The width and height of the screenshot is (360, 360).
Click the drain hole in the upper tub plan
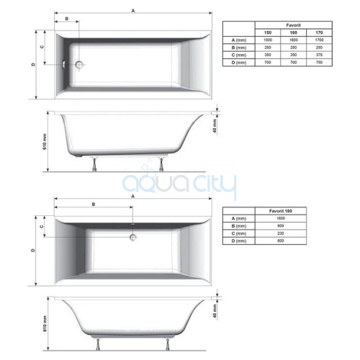pos(79,64)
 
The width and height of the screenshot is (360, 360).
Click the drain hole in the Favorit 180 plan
pos(133,238)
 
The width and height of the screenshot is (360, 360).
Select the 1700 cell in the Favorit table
pos(319,40)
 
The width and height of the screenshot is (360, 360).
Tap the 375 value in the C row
pos(319,55)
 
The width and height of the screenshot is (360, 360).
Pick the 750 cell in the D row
pos(319,62)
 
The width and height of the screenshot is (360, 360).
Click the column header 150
pos(268,32)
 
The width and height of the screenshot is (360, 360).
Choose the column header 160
pos(293,32)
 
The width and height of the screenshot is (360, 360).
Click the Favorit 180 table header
pos(281,211)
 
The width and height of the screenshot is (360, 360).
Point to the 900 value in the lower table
pos(281,226)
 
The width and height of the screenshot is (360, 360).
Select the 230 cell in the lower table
pos(281,233)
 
